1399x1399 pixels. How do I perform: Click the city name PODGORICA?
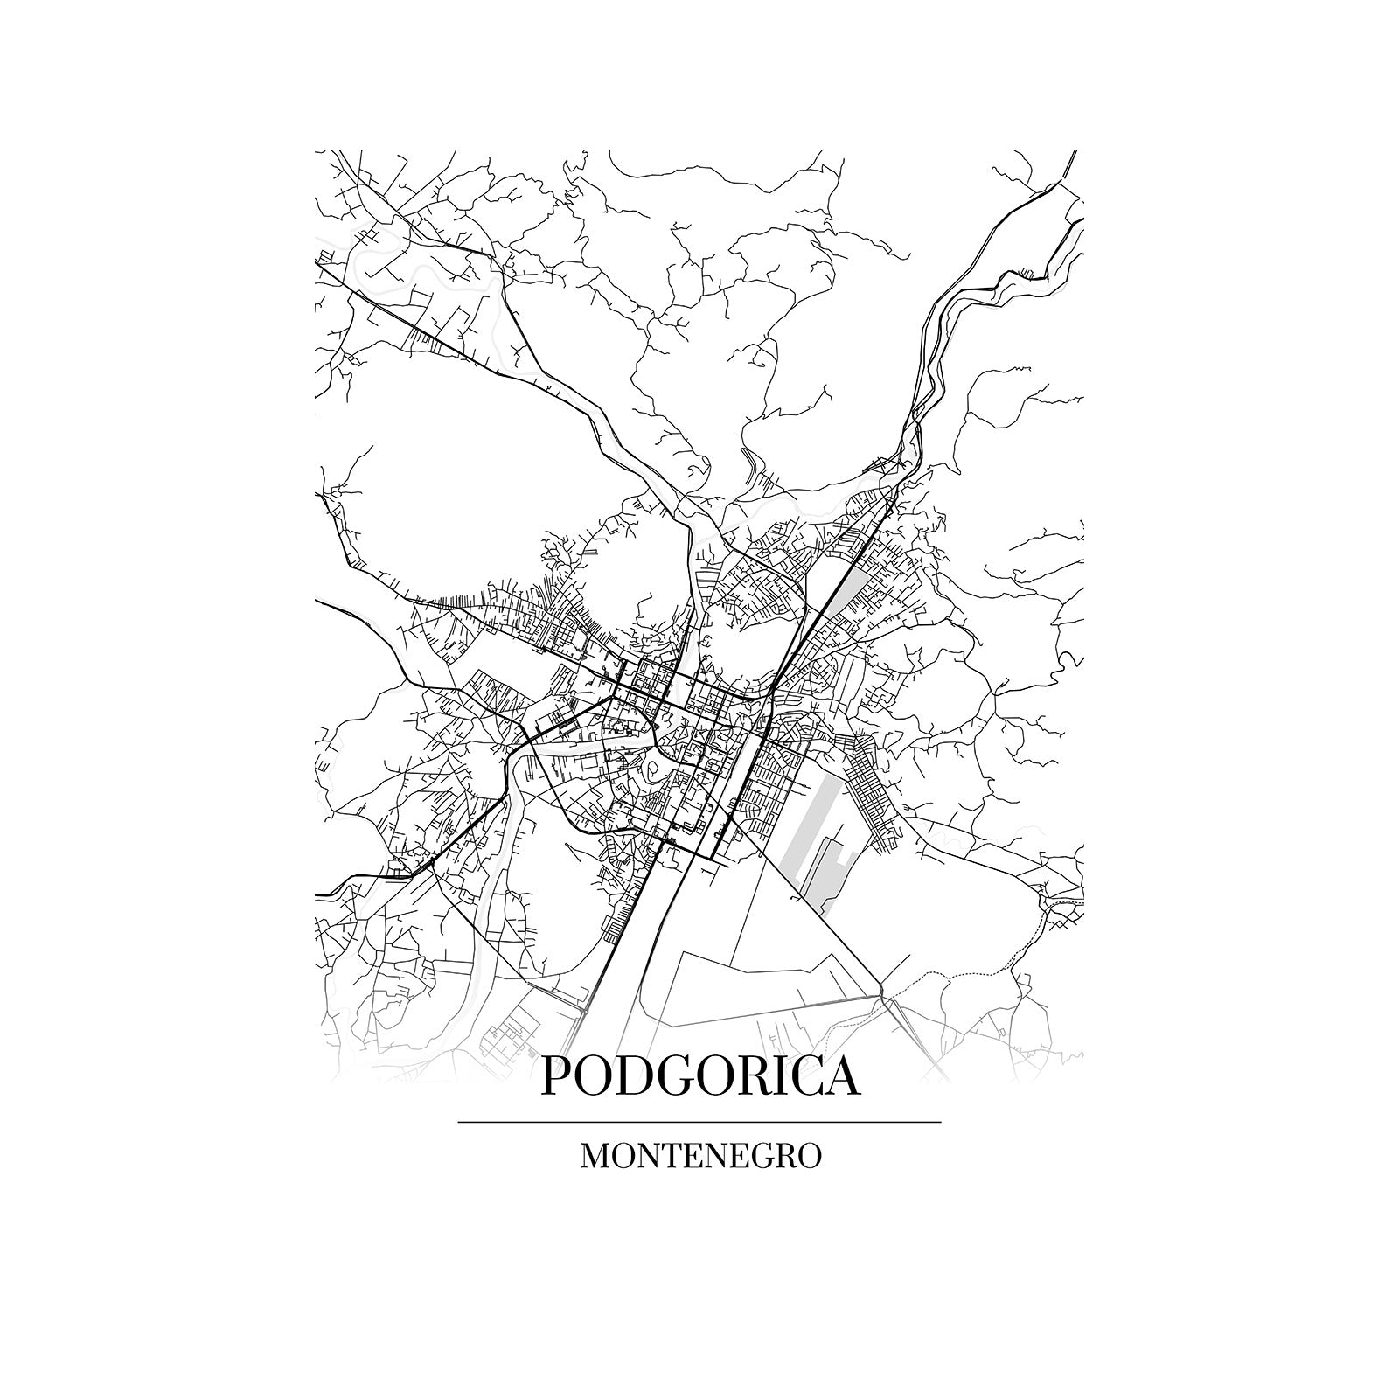tap(700, 1076)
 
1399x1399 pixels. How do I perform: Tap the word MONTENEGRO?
tap(700, 1156)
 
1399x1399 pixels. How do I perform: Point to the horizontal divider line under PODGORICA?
tap(699, 1121)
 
